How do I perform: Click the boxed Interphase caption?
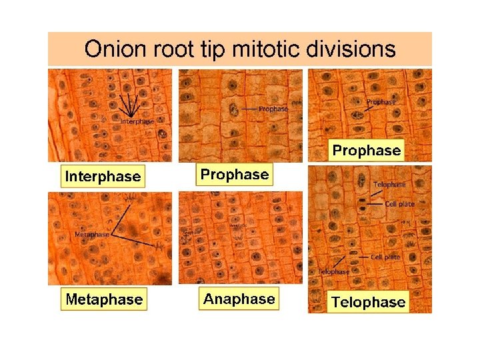point(103,177)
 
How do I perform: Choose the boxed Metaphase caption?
point(104,299)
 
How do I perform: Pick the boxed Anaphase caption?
point(239,299)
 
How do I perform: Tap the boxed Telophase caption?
point(368,302)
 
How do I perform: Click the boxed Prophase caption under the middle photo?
point(235,175)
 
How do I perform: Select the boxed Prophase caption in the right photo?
point(367,151)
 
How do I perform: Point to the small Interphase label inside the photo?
point(137,121)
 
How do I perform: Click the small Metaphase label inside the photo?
point(92,235)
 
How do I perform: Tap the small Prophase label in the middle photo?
point(273,109)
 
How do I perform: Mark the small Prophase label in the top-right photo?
point(381,102)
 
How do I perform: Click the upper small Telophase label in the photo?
point(389,184)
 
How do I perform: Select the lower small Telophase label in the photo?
point(333,271)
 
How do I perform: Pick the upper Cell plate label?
point(400,204)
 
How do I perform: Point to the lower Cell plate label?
point(385,257)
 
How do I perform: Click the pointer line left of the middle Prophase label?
point(249,109)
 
